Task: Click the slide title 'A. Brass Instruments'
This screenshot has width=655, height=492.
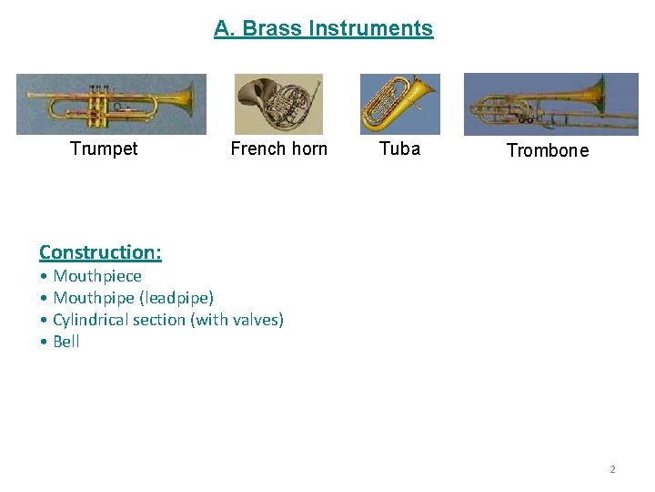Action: (323, 28)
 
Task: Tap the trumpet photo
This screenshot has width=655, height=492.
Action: (111, 104)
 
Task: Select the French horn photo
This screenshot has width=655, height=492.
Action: (278, 104)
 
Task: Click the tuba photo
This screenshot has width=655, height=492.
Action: (399, 104)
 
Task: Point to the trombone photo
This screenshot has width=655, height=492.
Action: (550, 105)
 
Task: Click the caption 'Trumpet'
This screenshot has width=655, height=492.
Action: (104, 149)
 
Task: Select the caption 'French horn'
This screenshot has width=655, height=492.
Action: (278, 149)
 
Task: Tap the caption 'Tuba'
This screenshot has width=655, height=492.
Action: (399, 149)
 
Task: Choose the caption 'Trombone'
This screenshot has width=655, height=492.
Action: (547, 150)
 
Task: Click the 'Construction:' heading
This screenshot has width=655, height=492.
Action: (100, 251)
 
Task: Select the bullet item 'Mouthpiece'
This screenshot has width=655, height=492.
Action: (97, 275)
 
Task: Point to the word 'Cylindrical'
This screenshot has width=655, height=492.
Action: (93, 319)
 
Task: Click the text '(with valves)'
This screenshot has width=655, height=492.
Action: (237, 319)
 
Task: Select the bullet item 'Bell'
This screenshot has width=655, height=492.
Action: (66, 341)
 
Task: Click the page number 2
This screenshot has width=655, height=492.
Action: (612, 469)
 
